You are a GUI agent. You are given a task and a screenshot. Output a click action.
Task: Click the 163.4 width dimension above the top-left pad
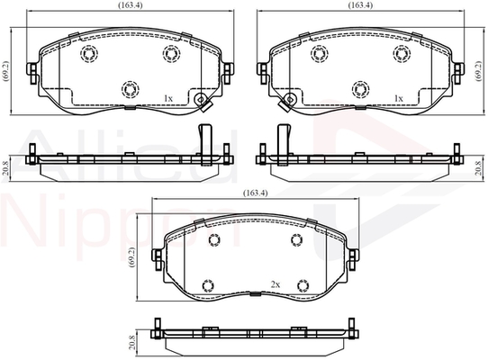(x=130, y=5)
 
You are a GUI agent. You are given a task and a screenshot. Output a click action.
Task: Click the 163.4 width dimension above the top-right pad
(x=360, y=5)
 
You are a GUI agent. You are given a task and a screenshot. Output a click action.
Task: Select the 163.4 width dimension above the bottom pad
(x=255, y=193)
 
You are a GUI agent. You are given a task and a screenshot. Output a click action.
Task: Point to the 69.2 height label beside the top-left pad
(x=6, y=71)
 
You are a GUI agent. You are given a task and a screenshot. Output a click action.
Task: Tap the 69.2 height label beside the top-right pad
(x=479, y=71)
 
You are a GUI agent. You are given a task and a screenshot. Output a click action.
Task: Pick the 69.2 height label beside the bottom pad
(x=132, y=257)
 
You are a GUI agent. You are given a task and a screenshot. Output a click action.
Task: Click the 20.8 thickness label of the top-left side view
(x=5, y=168)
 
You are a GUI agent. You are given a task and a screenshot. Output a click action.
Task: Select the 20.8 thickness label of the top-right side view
(x=480, y=168)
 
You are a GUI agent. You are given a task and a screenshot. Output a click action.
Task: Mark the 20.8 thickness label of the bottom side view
(x=132, y=342)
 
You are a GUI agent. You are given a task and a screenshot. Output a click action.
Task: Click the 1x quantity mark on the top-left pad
(x=168, y=99)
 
